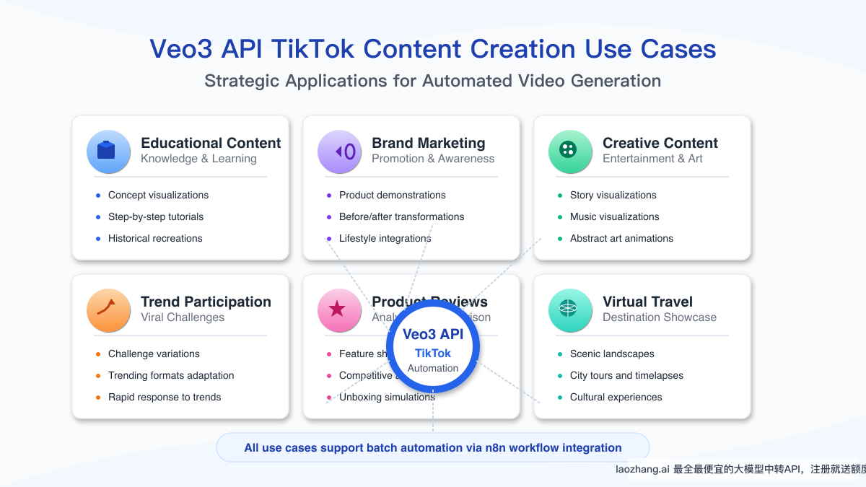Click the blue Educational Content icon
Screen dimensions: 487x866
point(108,152)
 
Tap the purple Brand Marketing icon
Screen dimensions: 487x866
point(339,152)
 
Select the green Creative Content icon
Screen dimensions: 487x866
point(570,152)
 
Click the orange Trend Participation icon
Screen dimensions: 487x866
point(108,310)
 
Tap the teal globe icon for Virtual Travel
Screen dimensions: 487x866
point(570,310)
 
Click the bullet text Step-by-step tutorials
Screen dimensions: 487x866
point(156,216)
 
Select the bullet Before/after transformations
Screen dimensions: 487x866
point(401,216)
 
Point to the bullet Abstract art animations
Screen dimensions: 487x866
point(621,238)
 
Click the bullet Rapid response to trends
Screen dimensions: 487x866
point(165,397)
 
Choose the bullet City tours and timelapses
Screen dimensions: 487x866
point(626,375)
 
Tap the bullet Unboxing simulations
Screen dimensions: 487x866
point(387,397)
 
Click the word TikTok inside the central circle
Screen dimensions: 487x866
point(433,353)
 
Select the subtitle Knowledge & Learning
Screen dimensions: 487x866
point(198,159)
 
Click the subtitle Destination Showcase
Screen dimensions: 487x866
point(660,317)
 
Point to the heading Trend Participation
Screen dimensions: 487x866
point(206,302)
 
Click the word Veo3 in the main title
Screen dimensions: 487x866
point(184,49)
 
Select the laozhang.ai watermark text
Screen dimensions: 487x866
point(642,469)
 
